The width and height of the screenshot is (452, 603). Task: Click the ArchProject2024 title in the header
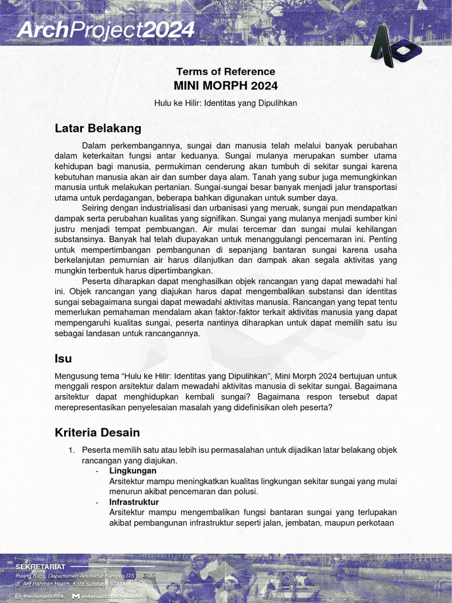[105, 29]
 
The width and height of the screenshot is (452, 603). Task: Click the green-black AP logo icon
[391, 47]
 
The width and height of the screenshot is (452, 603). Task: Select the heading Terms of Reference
[226, 71]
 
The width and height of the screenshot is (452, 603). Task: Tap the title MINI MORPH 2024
[226, 86]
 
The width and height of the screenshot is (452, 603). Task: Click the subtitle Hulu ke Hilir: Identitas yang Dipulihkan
[226, 103]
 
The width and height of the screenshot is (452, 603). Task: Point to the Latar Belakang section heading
[98, 128]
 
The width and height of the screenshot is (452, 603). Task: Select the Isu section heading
[63, 358]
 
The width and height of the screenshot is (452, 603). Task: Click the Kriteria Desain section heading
[97, 433]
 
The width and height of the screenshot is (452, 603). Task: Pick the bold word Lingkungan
[133, 471]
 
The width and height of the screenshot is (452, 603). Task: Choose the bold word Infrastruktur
[134, 502]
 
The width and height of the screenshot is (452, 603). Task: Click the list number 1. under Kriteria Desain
[71, 450]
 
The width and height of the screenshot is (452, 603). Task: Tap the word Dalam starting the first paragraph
[94, 145]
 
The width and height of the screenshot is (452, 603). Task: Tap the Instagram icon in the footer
[19, 596]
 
